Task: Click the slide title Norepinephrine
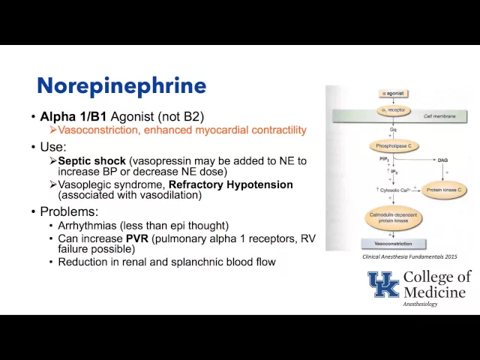coord(121,85)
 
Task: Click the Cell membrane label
coord(438,117)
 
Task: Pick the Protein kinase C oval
coord(442,189)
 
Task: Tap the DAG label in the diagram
coord(442,160)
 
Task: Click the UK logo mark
coord(383,284)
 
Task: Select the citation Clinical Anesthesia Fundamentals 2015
coord(409,256)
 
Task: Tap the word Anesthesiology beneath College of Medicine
coord(420,304)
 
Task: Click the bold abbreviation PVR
coord(137,238)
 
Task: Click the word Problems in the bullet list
coord(67,211)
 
